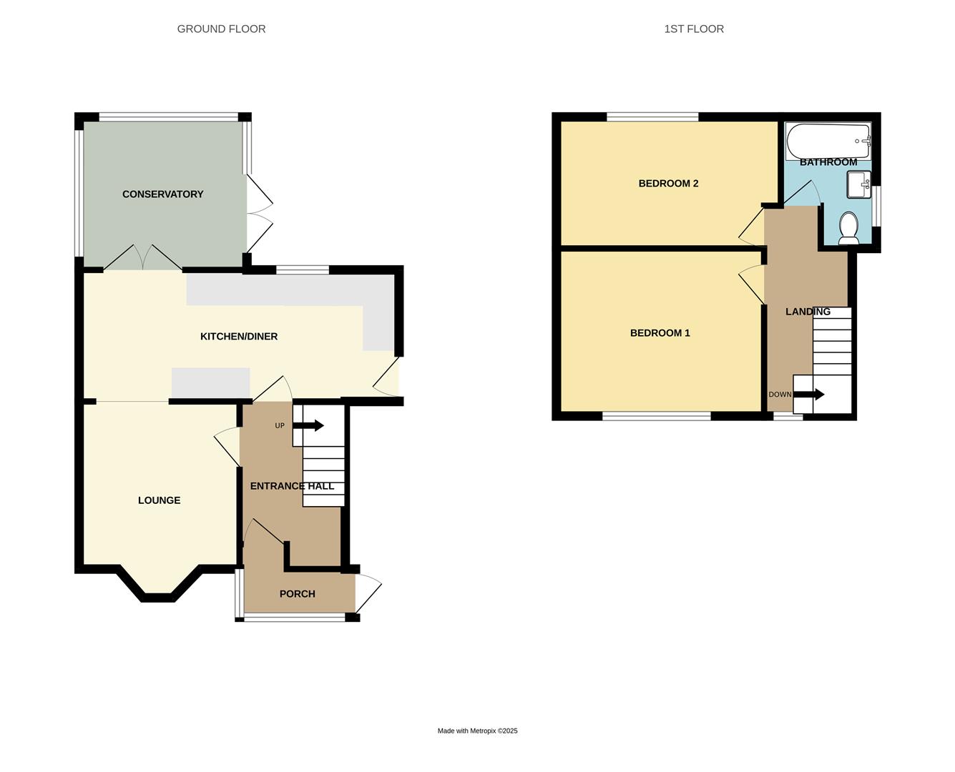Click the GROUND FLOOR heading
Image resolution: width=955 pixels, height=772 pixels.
[x=221, y=29]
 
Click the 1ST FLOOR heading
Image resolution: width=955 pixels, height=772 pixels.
[x=693, y=29]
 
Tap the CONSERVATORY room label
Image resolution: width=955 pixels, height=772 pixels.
[x=162, y=194]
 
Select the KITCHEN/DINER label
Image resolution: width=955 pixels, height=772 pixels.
[x=238, y=337]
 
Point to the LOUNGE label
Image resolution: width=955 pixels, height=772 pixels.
[x=159, y=500]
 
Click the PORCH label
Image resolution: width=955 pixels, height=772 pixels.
[x=297, y=594]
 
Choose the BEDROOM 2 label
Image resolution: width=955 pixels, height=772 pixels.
[x=668, y=184]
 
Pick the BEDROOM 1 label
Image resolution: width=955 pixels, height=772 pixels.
[x=660, y=333]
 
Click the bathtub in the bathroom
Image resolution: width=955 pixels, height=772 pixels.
[x=828, y=141]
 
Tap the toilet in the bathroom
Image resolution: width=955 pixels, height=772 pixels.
[x=848, y=228]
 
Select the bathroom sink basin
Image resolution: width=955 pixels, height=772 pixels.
[x=858, y=184]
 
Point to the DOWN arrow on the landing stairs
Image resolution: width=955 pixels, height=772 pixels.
[x=809, y=395]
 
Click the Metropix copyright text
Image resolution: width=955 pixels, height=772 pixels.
[x=477, y=731]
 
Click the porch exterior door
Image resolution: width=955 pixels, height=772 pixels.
[x=368, y=593]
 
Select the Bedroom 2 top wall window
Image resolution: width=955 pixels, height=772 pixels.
[x=652, y=117]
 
